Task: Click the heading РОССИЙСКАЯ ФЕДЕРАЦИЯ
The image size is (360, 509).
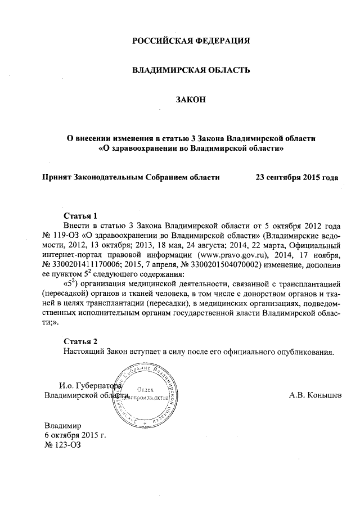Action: pos(190,41)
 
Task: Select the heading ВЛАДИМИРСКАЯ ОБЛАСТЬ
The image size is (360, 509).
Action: pos(190,70)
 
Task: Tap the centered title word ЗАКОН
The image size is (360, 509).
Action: pos(191,100)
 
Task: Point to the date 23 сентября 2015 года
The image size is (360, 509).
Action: pos(296,177)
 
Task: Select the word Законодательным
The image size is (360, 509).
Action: pos(109,177)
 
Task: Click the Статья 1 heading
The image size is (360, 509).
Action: pos(81,215)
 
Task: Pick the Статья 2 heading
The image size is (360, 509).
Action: pos(81,341)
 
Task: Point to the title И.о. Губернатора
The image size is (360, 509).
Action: pos(89,385)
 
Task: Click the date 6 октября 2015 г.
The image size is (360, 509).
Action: pos(75,435)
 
